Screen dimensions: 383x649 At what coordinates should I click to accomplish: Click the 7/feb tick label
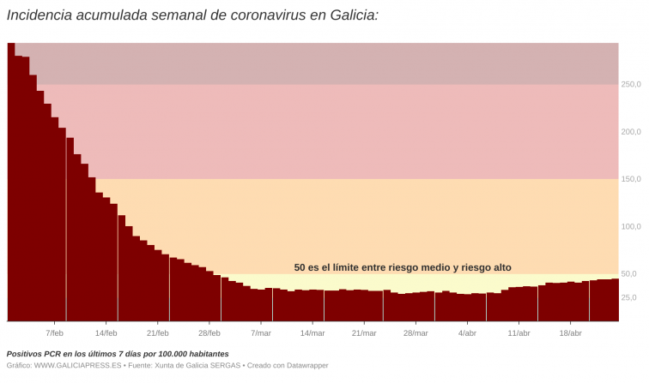(54, 333)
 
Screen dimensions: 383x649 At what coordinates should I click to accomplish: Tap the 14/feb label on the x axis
(106, 333)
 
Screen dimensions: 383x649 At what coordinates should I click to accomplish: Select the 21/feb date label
(157, 333)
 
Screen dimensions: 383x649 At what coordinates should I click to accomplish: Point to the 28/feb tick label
(209, 333)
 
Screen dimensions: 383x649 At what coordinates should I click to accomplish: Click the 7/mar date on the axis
(261, 333)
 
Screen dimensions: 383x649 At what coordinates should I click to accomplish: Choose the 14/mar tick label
(312, 333)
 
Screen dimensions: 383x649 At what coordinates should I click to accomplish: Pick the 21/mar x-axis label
(364, 333)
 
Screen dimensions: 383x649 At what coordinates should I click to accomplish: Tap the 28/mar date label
(415, 333)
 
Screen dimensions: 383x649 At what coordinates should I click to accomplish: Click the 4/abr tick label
(467, 333)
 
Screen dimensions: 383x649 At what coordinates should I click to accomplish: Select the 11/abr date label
(519, 333)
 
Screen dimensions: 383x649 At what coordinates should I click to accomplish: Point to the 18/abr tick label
(571, 333)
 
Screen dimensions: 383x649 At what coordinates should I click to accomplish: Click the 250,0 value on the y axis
(631, 84)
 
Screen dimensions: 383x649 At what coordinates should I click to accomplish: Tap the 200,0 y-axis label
(631, 132)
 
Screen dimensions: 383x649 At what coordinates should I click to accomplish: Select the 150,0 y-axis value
(631, 179)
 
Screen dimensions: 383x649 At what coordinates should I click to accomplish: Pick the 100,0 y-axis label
(631, 227)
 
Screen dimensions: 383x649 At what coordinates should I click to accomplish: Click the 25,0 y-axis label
(629, 297)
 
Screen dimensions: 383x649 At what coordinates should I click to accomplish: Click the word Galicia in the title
(347, 15)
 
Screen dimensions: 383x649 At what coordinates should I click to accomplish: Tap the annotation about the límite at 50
(403, 267)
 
